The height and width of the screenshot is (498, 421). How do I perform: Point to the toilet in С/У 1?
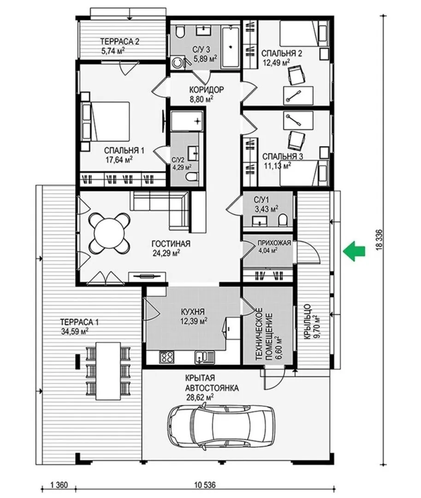(282, 220)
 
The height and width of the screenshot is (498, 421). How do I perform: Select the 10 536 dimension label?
(205, 485)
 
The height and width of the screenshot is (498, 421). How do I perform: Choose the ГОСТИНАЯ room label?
(171, 243)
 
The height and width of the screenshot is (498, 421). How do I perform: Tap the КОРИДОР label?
(207, 89)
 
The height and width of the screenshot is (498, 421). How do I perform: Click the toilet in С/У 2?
(191, 177)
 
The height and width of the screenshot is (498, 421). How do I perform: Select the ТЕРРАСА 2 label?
(120, 41)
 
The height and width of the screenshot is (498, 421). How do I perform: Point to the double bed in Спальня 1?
(107, 122)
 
